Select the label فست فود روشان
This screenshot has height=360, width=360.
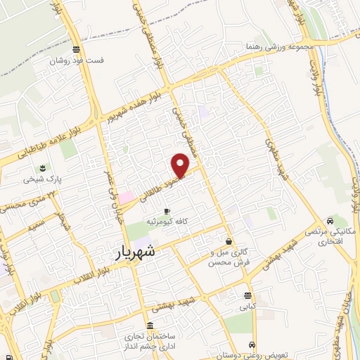[x=77, y=60]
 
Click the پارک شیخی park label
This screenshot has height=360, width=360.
[x=43, y=179]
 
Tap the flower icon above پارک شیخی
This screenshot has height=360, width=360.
[x=43, y=168]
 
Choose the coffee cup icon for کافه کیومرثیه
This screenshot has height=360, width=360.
[x=166, y=210]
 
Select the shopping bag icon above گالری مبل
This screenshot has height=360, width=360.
[x=230, y=241]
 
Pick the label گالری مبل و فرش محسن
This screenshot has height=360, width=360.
[x=230, y=257]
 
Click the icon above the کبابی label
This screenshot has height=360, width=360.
[x=247, y=295]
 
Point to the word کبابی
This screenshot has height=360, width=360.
[x=247, y=307]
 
